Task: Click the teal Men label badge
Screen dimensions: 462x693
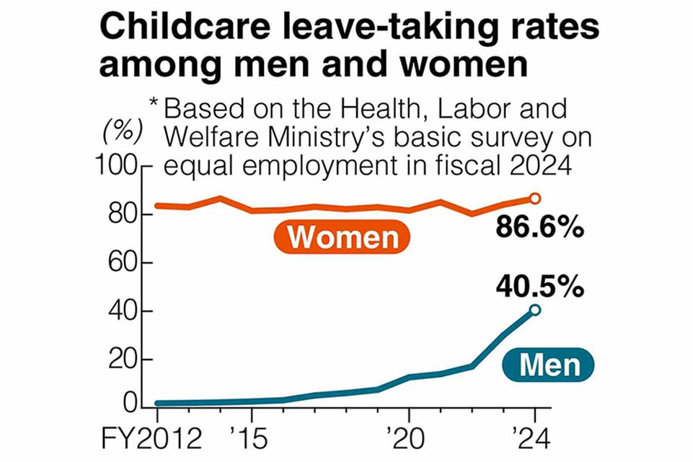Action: pos(550,365)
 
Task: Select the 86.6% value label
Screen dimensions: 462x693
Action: pos(539,228)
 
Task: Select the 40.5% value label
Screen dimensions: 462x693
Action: pos(539,287)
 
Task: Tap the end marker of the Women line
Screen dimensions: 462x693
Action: pos(535,199)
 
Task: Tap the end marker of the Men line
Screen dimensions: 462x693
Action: pos(535,310)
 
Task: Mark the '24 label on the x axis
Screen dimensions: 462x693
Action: pos(532,437)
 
